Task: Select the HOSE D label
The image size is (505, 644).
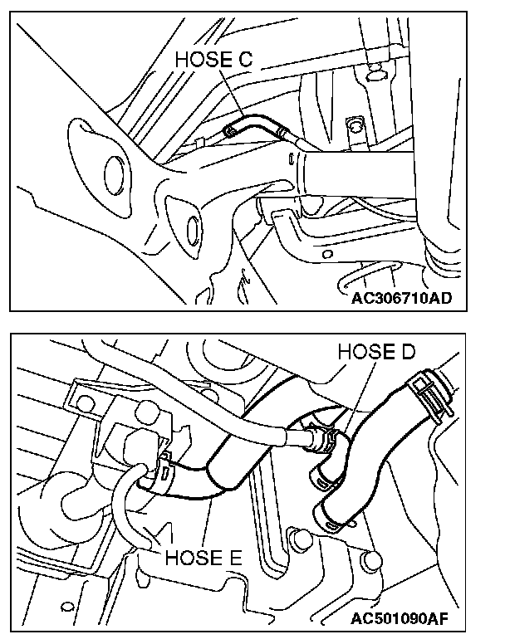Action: (x=375, y=352)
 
